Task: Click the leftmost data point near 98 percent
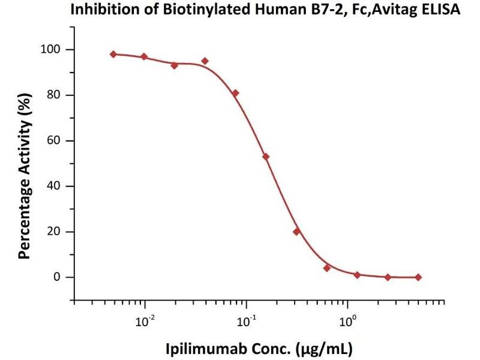(x=113, y=54)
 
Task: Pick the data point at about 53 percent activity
(x=266, y=157)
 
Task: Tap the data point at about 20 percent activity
(x=296, y=232)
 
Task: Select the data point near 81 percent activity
(x=236, y=93)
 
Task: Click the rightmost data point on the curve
(x=418, y=277)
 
